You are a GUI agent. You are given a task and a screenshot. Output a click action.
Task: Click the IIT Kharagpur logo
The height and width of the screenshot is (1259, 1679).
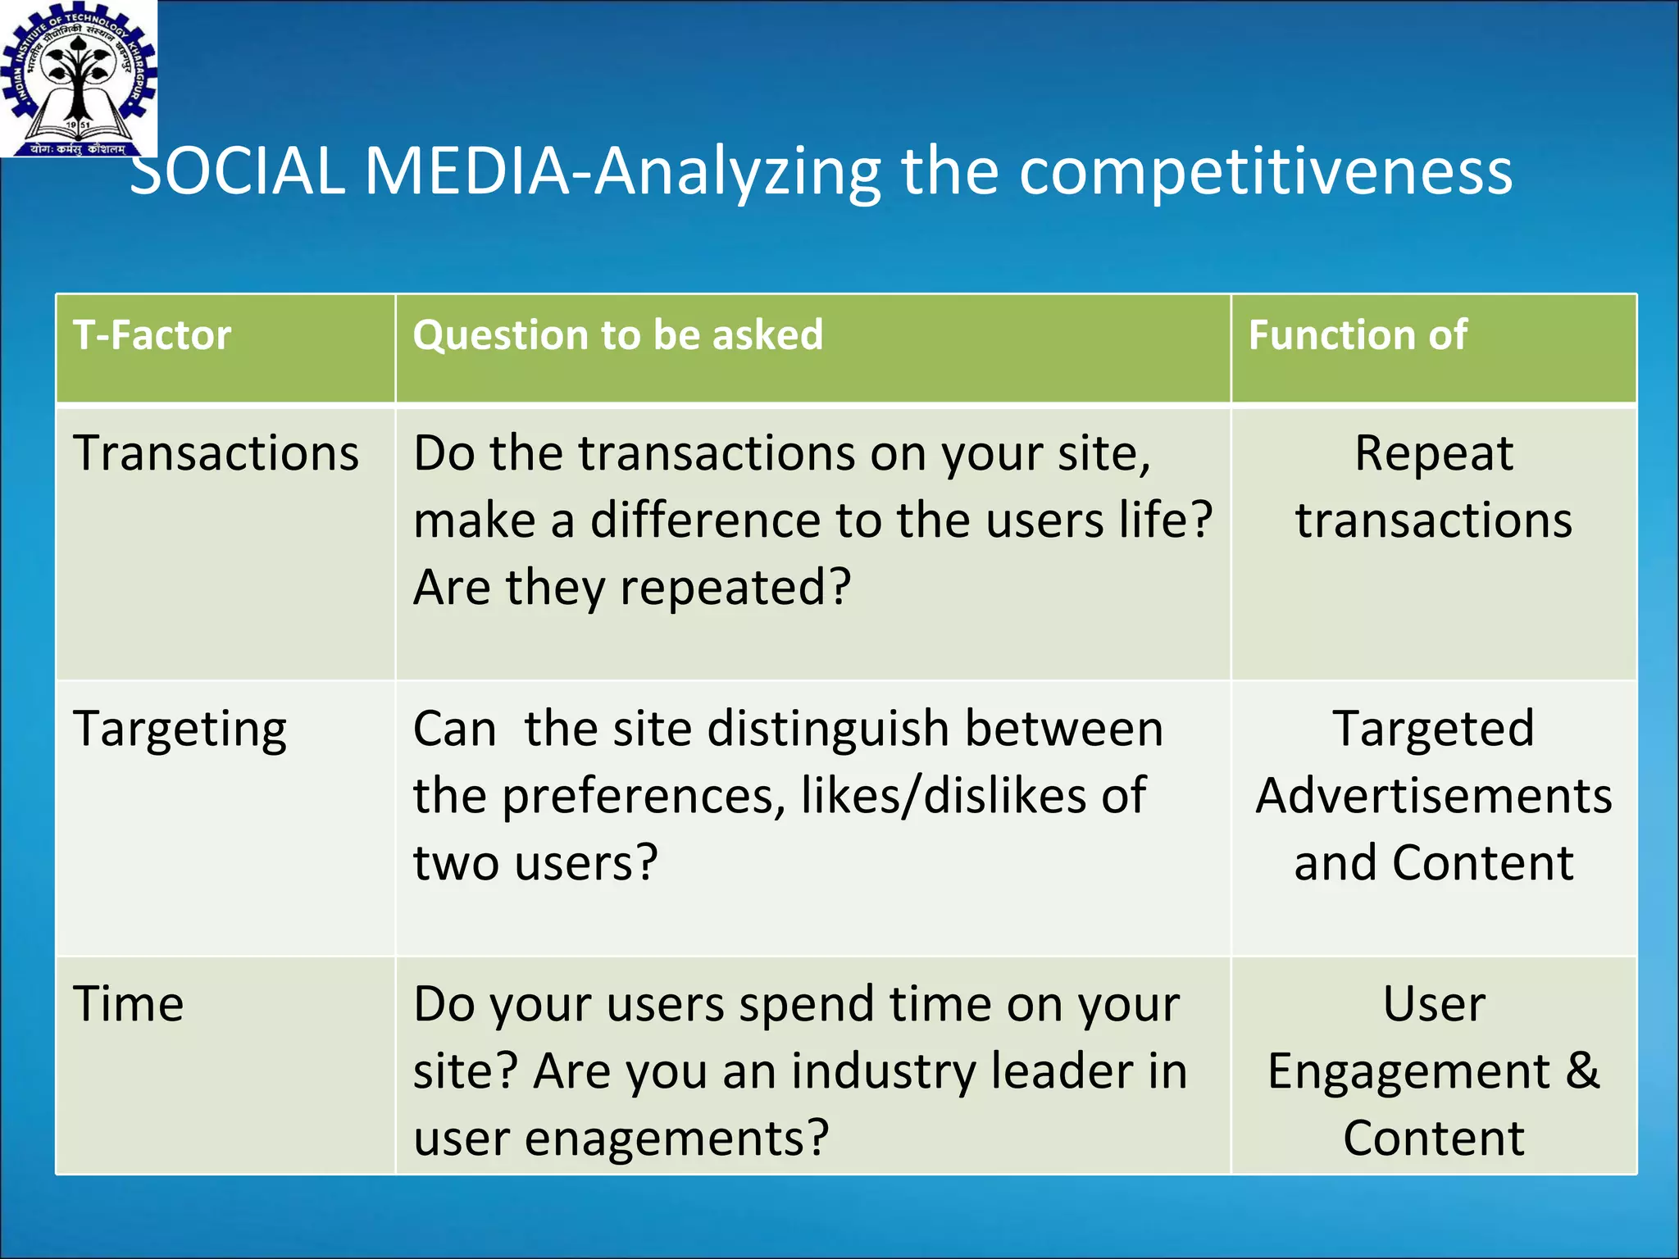[78, 78]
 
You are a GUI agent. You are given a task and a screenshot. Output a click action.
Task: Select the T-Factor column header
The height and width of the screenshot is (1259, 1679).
[152, 335]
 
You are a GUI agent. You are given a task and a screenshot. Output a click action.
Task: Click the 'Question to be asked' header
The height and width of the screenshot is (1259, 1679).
[617, 335]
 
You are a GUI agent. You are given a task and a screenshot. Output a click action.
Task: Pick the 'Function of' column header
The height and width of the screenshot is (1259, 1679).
[1358, 335]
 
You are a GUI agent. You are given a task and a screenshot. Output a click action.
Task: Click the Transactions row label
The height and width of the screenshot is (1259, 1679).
[216, 453]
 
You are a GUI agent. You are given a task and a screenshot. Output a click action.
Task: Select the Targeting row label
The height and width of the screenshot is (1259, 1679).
[180, 729]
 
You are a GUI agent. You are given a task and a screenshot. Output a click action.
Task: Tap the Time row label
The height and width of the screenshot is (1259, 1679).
[129, 1004]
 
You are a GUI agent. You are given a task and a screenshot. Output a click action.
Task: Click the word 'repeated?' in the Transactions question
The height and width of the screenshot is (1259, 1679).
[735, 588]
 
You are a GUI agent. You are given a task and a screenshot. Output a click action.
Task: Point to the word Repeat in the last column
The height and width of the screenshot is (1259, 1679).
[1433, 453]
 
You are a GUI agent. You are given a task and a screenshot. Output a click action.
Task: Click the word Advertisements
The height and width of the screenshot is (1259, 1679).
[1434, 796]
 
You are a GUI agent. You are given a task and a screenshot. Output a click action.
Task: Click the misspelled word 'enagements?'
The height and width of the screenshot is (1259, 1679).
[676, 1139]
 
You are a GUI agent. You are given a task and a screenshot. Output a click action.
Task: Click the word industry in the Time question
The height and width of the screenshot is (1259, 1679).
[884, 1072]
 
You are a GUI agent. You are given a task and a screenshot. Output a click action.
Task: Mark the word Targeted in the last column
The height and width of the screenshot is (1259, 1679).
[1433, 729]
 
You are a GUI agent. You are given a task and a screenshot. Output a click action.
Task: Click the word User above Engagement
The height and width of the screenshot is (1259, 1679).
[1434, 1004]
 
